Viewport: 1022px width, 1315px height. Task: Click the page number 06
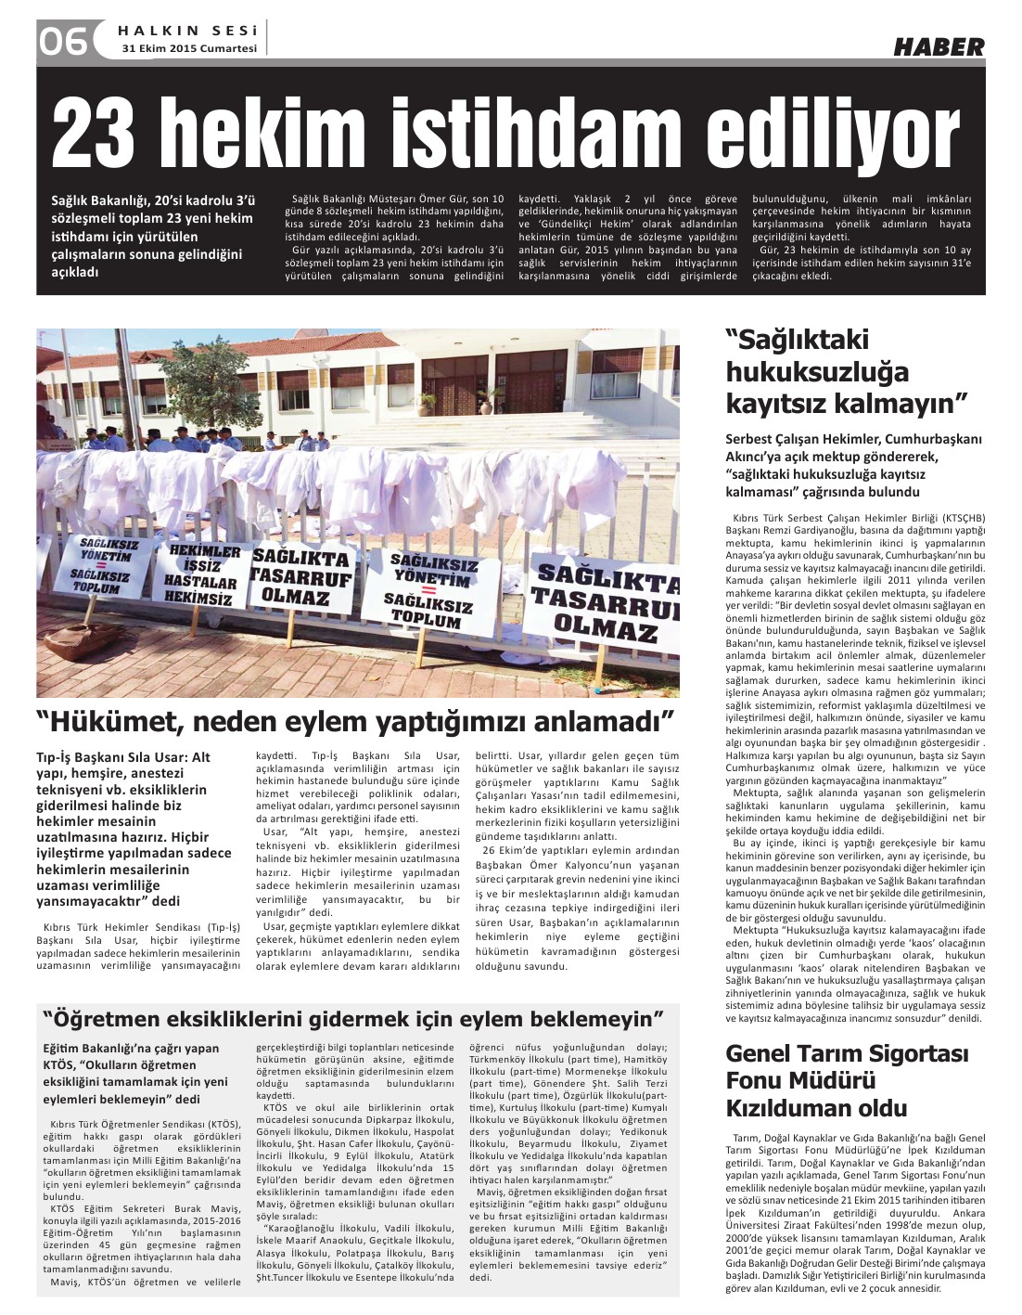[x=61, y=41]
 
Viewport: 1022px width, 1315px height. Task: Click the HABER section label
[x=939, y=46]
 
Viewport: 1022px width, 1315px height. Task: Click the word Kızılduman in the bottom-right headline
[x=816, y=1108]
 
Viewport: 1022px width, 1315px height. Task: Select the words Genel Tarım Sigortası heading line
[x=847, y=1053]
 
